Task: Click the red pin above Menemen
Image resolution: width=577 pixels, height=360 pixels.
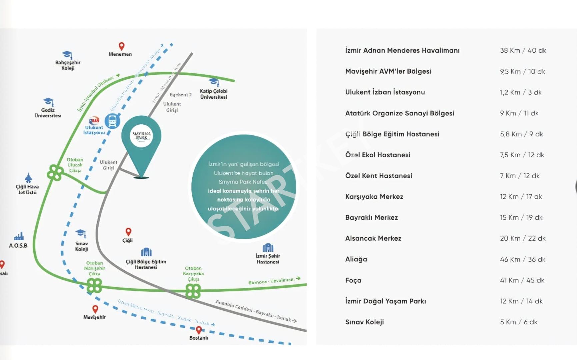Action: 122,46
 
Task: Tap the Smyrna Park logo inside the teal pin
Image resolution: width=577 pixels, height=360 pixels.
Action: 141,136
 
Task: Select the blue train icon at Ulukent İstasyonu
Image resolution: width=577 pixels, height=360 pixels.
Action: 112,121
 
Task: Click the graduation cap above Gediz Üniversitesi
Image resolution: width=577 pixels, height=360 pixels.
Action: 48,101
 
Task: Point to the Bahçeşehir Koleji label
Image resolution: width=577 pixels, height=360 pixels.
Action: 68,65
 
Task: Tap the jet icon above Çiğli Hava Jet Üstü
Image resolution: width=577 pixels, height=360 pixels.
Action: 28,178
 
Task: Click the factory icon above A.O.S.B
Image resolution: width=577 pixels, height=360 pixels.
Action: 19,236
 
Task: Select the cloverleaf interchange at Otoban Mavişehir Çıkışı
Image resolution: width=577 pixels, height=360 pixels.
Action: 94,286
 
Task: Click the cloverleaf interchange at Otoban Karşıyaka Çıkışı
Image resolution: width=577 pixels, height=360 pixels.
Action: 193,291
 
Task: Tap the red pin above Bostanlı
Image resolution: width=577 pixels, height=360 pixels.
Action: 199,330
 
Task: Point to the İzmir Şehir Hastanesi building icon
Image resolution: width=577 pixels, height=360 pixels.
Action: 268,248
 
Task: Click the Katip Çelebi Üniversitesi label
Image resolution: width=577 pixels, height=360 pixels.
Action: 214,94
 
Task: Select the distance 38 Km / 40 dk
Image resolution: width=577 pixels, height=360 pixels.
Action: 523,51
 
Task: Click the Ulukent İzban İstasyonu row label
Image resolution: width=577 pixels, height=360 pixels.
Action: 385,92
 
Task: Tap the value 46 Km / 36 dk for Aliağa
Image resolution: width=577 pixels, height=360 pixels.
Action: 522,259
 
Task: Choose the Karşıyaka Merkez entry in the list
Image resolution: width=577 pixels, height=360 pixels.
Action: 374,197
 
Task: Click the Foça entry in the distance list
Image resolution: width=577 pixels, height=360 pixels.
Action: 353,280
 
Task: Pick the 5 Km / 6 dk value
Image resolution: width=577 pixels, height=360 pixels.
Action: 518,322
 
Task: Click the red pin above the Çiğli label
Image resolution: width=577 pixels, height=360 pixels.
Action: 128,232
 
